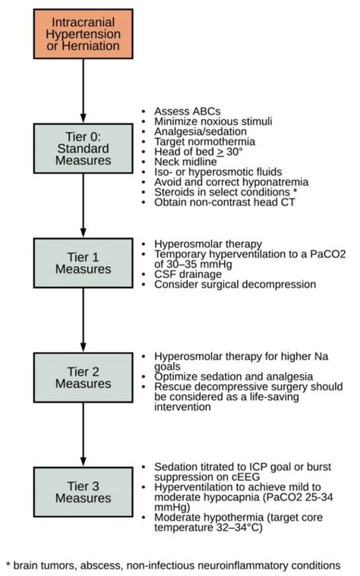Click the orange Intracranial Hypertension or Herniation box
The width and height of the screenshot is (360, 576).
click(83, 35)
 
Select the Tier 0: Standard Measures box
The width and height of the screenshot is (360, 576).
click(83, 149)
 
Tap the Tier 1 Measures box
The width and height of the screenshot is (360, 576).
click(83, 262)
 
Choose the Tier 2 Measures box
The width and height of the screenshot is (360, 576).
click(83, 376)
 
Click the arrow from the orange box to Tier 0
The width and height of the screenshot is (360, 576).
click(83, 91)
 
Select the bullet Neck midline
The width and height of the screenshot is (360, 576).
click(186, 162)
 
